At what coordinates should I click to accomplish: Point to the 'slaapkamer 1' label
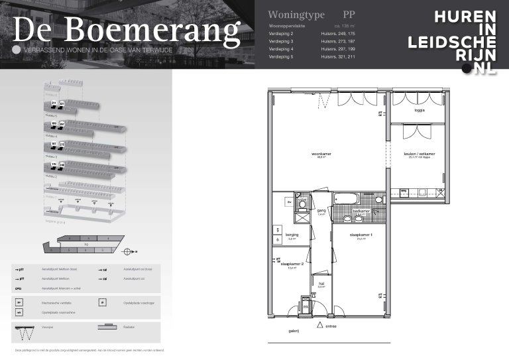(362, 235)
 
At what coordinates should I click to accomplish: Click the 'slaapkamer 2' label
(292, 264)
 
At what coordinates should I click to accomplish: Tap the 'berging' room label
(292, 234)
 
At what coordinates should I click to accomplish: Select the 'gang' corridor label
(321, 211)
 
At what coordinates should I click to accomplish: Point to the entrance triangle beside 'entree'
(319, 325)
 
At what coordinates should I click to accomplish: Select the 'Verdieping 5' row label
(281, 57)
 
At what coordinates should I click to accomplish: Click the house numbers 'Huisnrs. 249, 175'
(338, 32)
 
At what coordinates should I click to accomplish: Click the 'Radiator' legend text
(129, 326)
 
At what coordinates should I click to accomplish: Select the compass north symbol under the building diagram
(127, 251)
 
